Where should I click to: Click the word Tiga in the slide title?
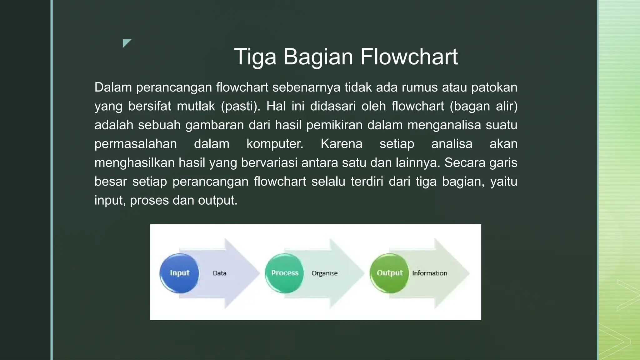coord(255,57)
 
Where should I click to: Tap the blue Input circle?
coord(179,273)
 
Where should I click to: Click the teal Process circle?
coord(284,273)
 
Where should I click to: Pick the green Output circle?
coord(389,273)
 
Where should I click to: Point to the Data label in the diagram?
coord(219,273)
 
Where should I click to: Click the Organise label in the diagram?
coord(324,273)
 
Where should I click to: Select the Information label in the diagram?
coord(429,273)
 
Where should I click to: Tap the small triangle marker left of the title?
coord(126,43)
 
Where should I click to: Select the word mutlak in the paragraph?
coord(196,106)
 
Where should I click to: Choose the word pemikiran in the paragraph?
coord(334,125)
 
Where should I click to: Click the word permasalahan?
coord(136,144)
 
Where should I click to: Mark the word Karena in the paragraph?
coord(341,144)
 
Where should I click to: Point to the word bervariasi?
coord(269,163)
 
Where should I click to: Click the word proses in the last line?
coord(149,200)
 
